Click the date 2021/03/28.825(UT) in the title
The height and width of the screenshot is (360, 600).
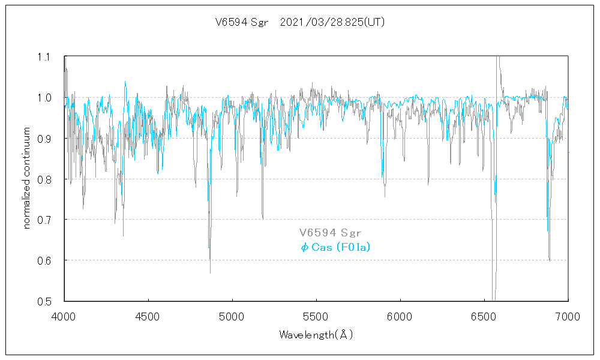332,23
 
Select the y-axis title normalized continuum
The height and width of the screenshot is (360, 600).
26,179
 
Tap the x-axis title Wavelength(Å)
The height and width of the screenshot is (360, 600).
316,335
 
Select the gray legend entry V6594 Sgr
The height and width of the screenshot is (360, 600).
330,233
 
